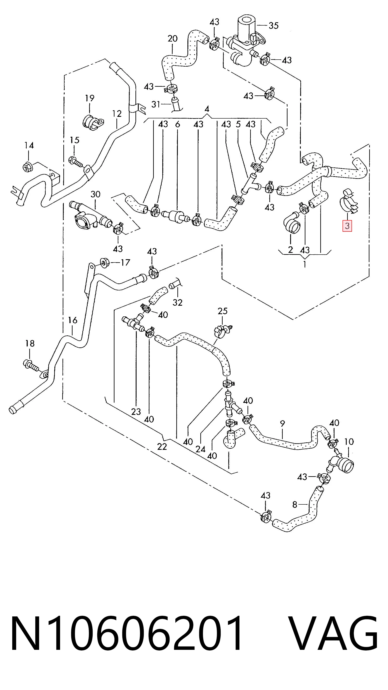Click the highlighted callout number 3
pos(347,226)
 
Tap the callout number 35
pos(274,26)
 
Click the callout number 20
pos(173,39)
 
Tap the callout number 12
pos(117,114)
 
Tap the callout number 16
pos(73,320)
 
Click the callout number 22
pos(162,447)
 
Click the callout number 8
pos(295,505)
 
